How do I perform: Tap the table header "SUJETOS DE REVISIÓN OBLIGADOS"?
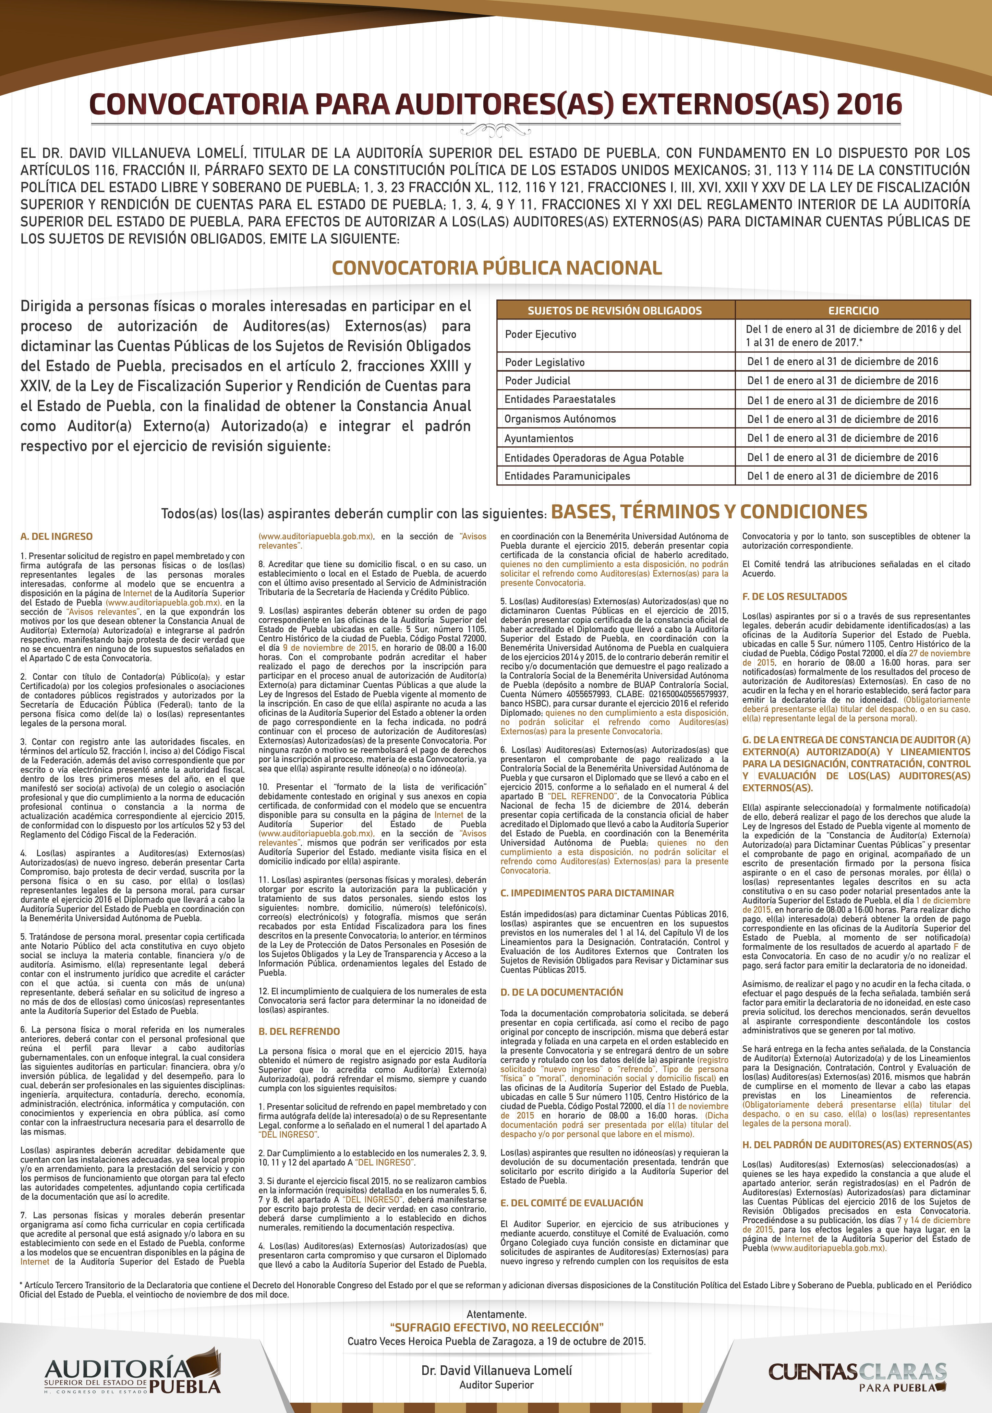pos(614,310)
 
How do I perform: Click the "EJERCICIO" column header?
pos(853,310)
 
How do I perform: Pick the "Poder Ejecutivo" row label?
pos(540,334)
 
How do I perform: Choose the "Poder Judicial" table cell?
pos(537,380)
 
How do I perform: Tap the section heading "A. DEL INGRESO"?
pos(57,536)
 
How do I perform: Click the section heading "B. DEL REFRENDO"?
pos(299,1031)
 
